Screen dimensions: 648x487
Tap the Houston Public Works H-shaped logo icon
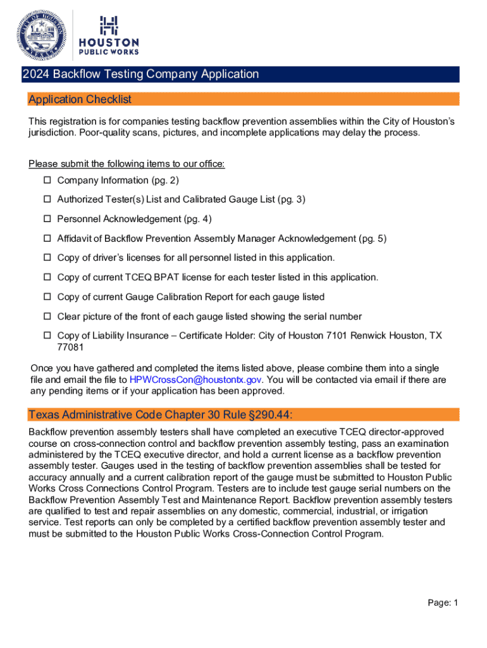pyautogui.click(x=108, y=26)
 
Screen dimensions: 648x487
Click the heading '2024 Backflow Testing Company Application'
pyautogui.click(x=140, y=75)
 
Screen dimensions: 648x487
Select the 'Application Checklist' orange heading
pyautogui.click(x=80, y=99)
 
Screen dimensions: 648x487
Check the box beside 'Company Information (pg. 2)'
pyautogui.click(x=47, y=181)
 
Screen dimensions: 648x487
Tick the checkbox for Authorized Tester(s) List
pyautogui.click(x=47, y=200)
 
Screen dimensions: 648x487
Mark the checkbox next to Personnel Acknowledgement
pyautogui.click(x=47, y=220)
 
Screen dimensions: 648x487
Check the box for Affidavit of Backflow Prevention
pyautogui.click(x=47, y=239)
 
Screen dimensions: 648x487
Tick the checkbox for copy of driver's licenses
pyautogui.click(x=47, y=258)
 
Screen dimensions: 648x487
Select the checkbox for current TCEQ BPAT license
pyautogui.click(x=47, y=278)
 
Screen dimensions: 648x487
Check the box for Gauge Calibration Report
pyautogui.click(x=47, y=297)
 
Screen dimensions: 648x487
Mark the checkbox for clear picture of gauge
pyautogui.click(x=47, y=316)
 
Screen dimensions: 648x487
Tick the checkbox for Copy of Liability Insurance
pyautogui.click(x=47, y=336)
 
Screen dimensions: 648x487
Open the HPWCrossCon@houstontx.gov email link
pyautogui.click(x=195, y=380)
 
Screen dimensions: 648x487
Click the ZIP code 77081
pyautogui.click(x=70, y=347)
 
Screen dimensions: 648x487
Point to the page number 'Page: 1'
pyautogui.click(x=442, y=603)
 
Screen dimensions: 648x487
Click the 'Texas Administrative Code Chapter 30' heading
pyautogui.click(x=161, y=414)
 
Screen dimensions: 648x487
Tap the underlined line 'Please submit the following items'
pyautogui.click(x=126, y=165)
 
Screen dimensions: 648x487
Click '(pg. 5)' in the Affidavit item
pyautogui.click(x=373, y=239)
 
